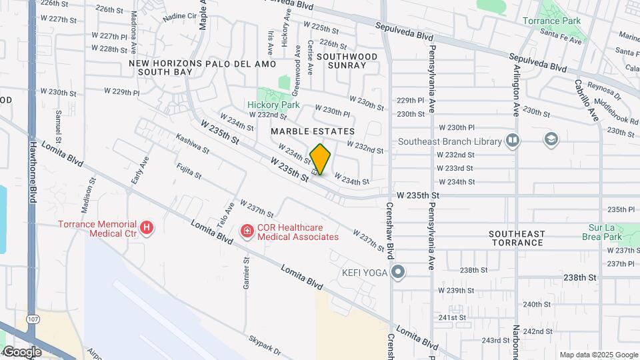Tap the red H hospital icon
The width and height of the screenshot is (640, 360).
(147, 229)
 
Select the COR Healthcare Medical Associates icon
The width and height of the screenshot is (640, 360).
(247, 231)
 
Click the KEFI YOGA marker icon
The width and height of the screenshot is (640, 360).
(399, 271)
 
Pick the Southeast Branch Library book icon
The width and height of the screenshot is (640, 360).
(512, 141)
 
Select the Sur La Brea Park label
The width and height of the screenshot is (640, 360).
(604, 232)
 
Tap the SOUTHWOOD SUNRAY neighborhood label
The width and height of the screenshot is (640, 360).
(347, 61)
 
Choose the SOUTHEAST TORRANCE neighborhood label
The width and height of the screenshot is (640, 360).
(516, 238)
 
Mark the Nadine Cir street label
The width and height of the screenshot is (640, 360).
(179, 15)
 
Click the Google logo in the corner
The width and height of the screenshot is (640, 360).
(23, 351)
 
